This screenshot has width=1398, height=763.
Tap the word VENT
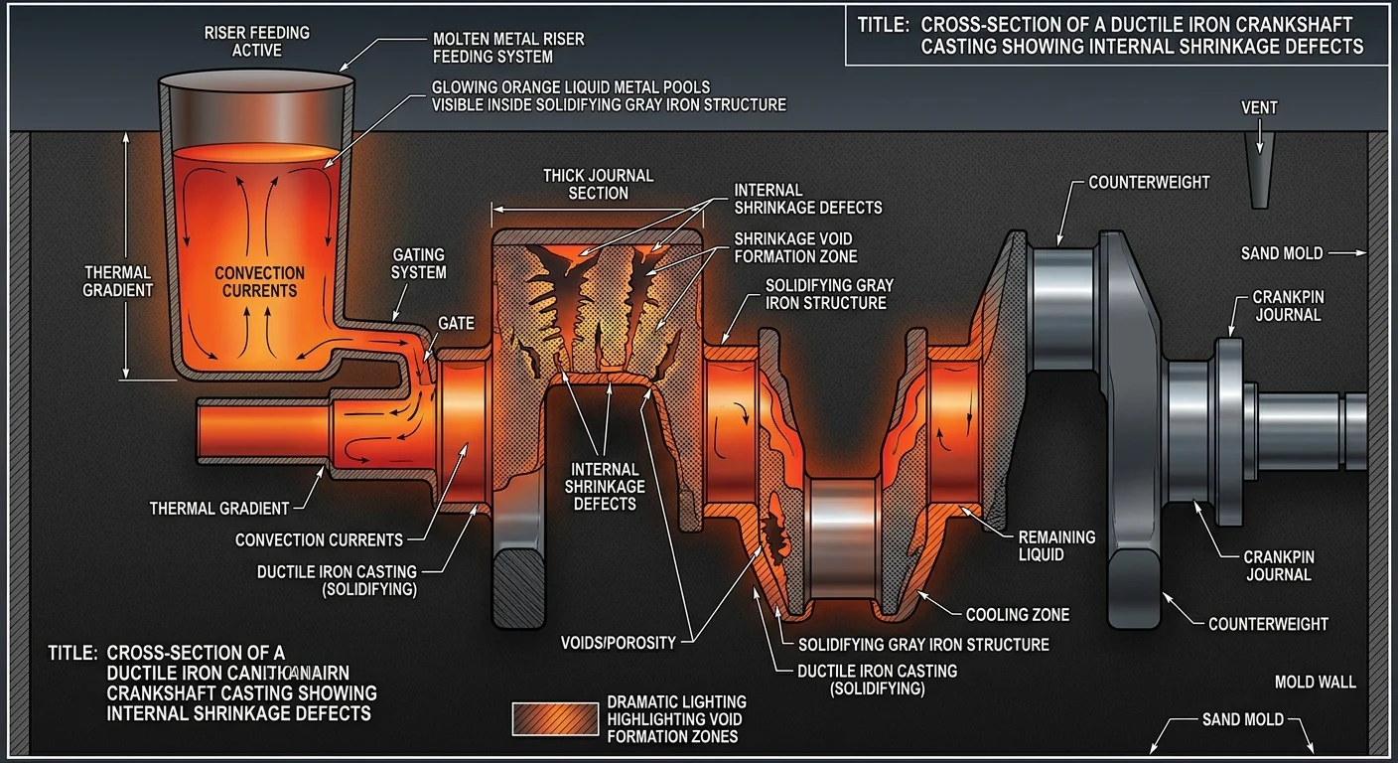pyautogui.click(x=1259, y=107)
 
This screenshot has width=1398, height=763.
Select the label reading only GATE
pyautogui.click(x=455, y=324)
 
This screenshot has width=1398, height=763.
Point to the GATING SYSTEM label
pyautogui.click(x=418, y=263)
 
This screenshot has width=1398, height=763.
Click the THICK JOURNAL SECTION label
pyautogui.click(x=598, y=184)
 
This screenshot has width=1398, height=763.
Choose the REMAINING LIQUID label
pyautogui.click(x=1056, y=544)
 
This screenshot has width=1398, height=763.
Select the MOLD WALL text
pyautogui.click(x=1315, y=682)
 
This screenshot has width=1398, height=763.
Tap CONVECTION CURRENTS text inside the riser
pyautogui.click(x=259, y=281)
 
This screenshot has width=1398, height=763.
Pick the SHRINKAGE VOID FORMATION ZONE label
pyautogui.click(x=793, y=247)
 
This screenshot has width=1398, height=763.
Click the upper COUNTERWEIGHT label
pyautogui.click(x=1149, y=183)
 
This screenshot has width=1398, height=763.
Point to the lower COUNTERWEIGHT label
pyautogui.click(x=1268, y=624)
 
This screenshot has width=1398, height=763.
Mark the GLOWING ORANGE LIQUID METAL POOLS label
pyautogui.click(x=608, y=95)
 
